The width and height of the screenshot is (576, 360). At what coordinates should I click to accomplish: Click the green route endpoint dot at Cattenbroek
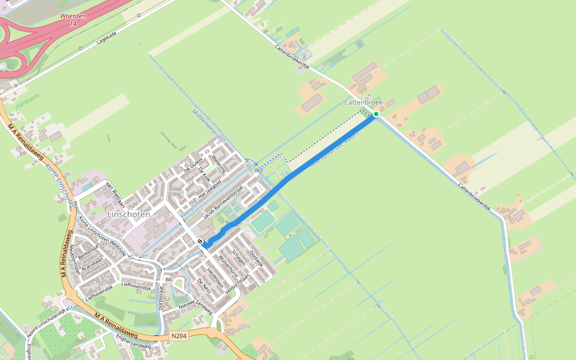[376, 114]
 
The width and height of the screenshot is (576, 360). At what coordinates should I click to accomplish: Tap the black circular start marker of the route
[200, 241]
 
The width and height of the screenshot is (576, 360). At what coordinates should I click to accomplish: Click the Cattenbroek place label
[364, 103]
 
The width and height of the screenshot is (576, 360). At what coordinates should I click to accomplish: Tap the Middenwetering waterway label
[208, 125]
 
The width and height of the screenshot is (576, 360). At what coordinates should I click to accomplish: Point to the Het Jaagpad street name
[209, 187]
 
